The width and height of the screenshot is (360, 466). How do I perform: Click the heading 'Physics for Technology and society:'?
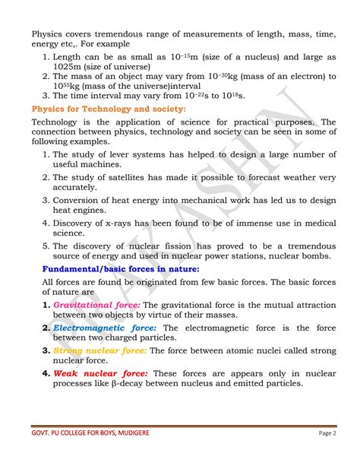click(x=109, y=109)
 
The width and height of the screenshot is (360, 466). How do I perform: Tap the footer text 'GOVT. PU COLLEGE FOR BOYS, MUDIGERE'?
click(x=96, y=433)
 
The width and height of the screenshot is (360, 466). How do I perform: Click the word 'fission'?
click(x=199, y=246)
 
